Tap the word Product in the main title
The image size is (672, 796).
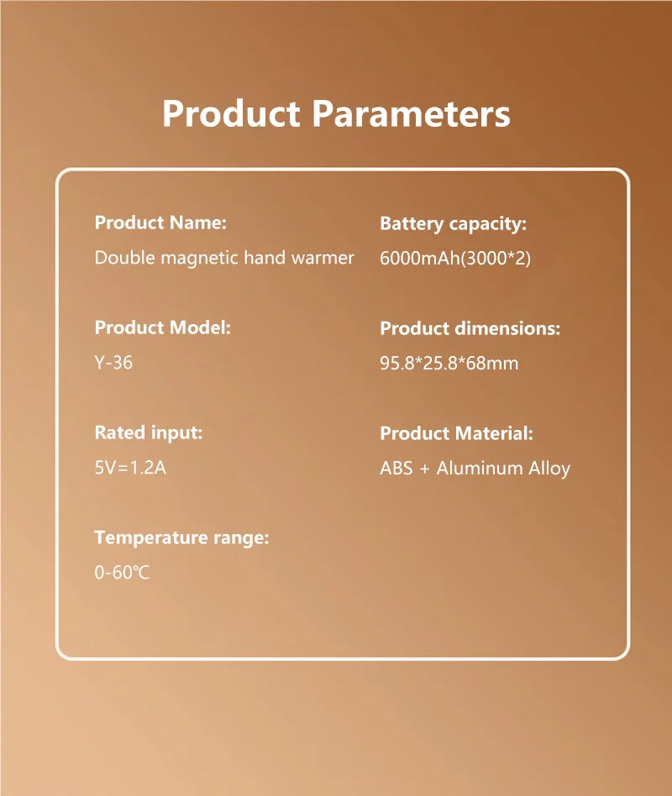[231, 113]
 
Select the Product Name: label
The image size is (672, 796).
[160, 223]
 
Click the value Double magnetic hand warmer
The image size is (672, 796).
[224, 258]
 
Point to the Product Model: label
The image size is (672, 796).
[162, 327]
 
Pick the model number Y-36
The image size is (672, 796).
[113, 363]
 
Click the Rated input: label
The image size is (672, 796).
[149, 433]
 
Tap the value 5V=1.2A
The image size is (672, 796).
[130, 468]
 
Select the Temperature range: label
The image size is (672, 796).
[181, 537]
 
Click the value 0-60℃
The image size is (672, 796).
[122, 573]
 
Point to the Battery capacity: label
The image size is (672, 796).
[453, 224]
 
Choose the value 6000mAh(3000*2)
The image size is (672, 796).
[455, 259]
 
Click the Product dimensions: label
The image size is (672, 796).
[470, 328]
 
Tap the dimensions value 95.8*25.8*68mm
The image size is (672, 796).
[449, 364]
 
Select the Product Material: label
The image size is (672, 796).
[456, 433]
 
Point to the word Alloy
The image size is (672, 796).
[549, 469]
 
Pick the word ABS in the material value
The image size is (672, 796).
[396, 469]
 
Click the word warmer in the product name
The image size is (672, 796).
[323, 258]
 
